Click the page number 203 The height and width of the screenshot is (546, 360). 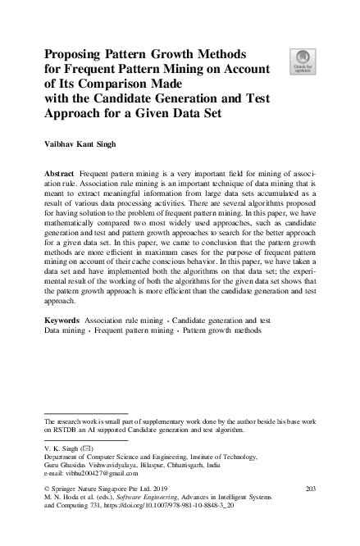(x=310, y=489)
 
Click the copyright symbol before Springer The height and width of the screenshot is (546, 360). (x=46, y=489)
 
